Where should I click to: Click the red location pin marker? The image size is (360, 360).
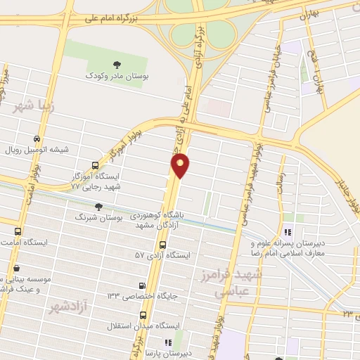[x=181, y=165]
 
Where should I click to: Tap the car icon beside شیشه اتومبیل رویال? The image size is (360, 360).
[x=36, y=139]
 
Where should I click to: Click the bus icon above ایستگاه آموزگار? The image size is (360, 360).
[x=95, y=166]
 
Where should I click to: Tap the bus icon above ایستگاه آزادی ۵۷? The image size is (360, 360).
[x=163, y=245]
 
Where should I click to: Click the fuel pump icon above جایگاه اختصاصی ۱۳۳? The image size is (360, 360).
[x=143, y=285]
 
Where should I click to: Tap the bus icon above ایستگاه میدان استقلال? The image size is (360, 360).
[x=143, y=315]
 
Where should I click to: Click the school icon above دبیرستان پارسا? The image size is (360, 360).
[x=167, y=342]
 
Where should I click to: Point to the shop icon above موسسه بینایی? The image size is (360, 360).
[x=17, y=268]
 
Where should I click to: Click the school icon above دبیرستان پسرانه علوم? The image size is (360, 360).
[x=286, y=233]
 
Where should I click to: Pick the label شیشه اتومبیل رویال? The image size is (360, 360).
[x=75, y=149]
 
